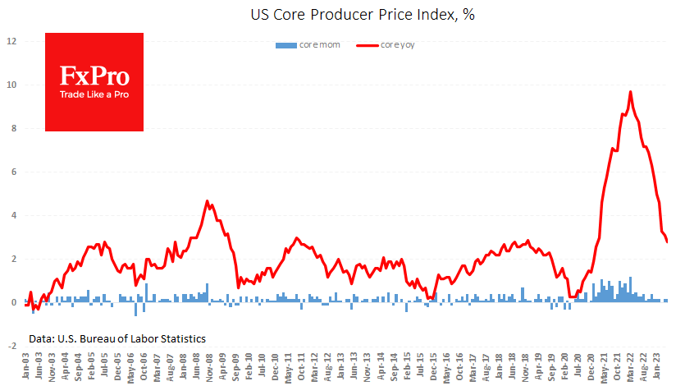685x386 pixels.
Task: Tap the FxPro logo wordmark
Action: [x=94, y=76]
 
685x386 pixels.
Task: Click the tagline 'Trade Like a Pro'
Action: [x=94, y=94]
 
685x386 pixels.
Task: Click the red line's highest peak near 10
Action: [x=630, y=91]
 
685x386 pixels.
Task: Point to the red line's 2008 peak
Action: [x=207, y=200]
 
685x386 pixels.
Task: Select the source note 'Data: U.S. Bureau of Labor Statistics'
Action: [x=116, y=338]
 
